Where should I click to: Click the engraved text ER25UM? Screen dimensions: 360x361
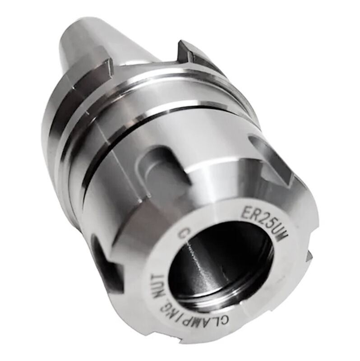pyautogui.click(x=265, y=224)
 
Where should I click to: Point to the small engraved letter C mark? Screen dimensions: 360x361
pyautogui.click(x=184, y=234)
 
